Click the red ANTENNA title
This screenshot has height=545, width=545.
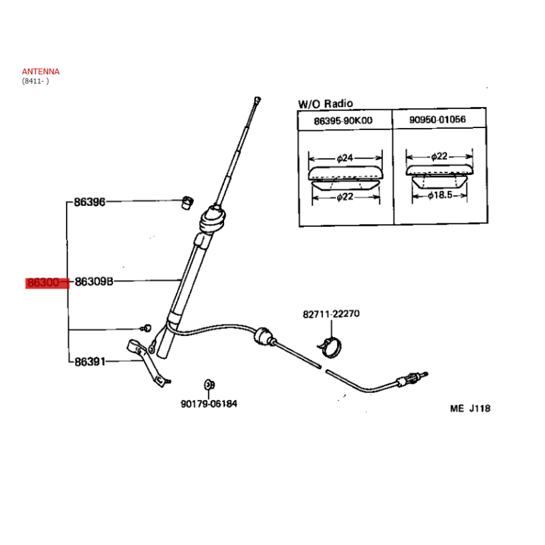pyautogui.click(x=41, y=72)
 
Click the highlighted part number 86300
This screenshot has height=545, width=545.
pyautogui.click(x=43, y=283)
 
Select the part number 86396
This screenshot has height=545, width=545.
pyautogui.click(x=90, y=202)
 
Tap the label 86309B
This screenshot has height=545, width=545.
pyautogui.click(x=94, y=281)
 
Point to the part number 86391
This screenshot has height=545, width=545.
pyautogui.click(x=90, y=362)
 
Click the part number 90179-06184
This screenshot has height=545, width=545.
pyautogui.click(x=209, y=404)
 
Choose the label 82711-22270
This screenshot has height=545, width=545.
pyautogui.click(x=331, y=314)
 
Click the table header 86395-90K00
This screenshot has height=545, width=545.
pyautogui.click(x=343, y=121)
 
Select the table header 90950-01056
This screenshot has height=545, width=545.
pyautogui.click(x=437, y=120)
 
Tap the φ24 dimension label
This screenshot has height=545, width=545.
pyautogui.click(x=345, y=158)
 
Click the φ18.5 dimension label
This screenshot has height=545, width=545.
pyautogui.click(x=440, y=196)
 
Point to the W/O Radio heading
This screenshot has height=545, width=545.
pyautogui.click(x=326, y=104)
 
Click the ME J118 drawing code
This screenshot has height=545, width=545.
pyautogui.click(x=470, y=408)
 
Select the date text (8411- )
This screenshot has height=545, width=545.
pyautogui.click(x=35, y=81)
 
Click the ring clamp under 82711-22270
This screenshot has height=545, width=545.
pyautogui.click(x=330, y=347)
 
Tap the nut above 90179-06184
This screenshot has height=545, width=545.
pyautogui.click(x=209, y=385)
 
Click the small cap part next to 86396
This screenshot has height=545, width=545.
pyautogui.click(x=188, y=202)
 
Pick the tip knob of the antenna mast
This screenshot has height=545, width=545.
pyautogui.click(x=258, y=100)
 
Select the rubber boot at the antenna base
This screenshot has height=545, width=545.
pyautogui.click(x=213, y=219)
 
